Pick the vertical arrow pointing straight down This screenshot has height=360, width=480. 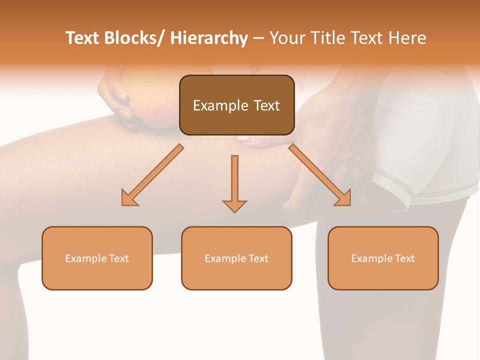234,180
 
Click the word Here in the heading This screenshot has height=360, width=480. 405,38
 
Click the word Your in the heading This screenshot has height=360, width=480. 286,38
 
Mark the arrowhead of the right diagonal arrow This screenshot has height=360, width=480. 343,198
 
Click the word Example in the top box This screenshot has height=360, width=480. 220,105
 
